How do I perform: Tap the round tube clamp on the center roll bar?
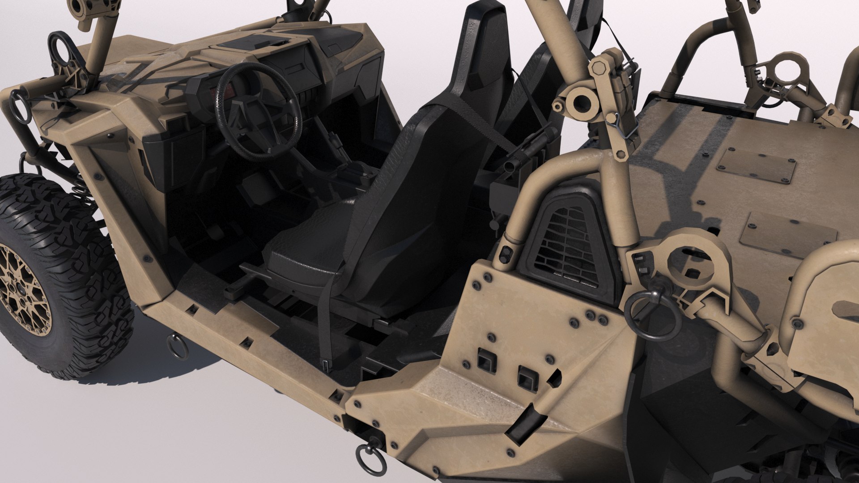(579, 103)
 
